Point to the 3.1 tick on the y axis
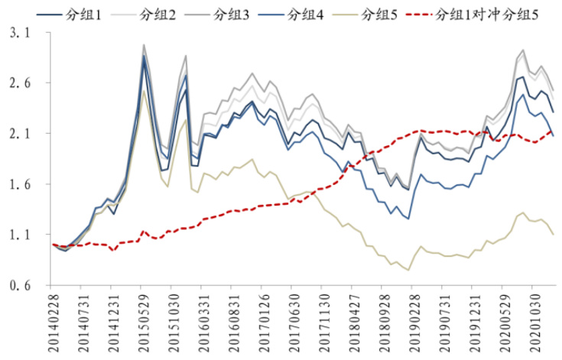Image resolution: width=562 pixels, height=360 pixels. (x=23, y=34)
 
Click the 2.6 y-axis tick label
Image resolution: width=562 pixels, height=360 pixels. (x=23, y=83)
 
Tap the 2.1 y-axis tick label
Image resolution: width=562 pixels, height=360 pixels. (x=23, y=134)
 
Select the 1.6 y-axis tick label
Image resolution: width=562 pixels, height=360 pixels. (x=23, y=184)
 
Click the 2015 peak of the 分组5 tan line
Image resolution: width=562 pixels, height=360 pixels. (x=143, y=91)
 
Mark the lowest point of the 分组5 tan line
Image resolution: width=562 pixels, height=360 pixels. (x=408, y=270)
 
